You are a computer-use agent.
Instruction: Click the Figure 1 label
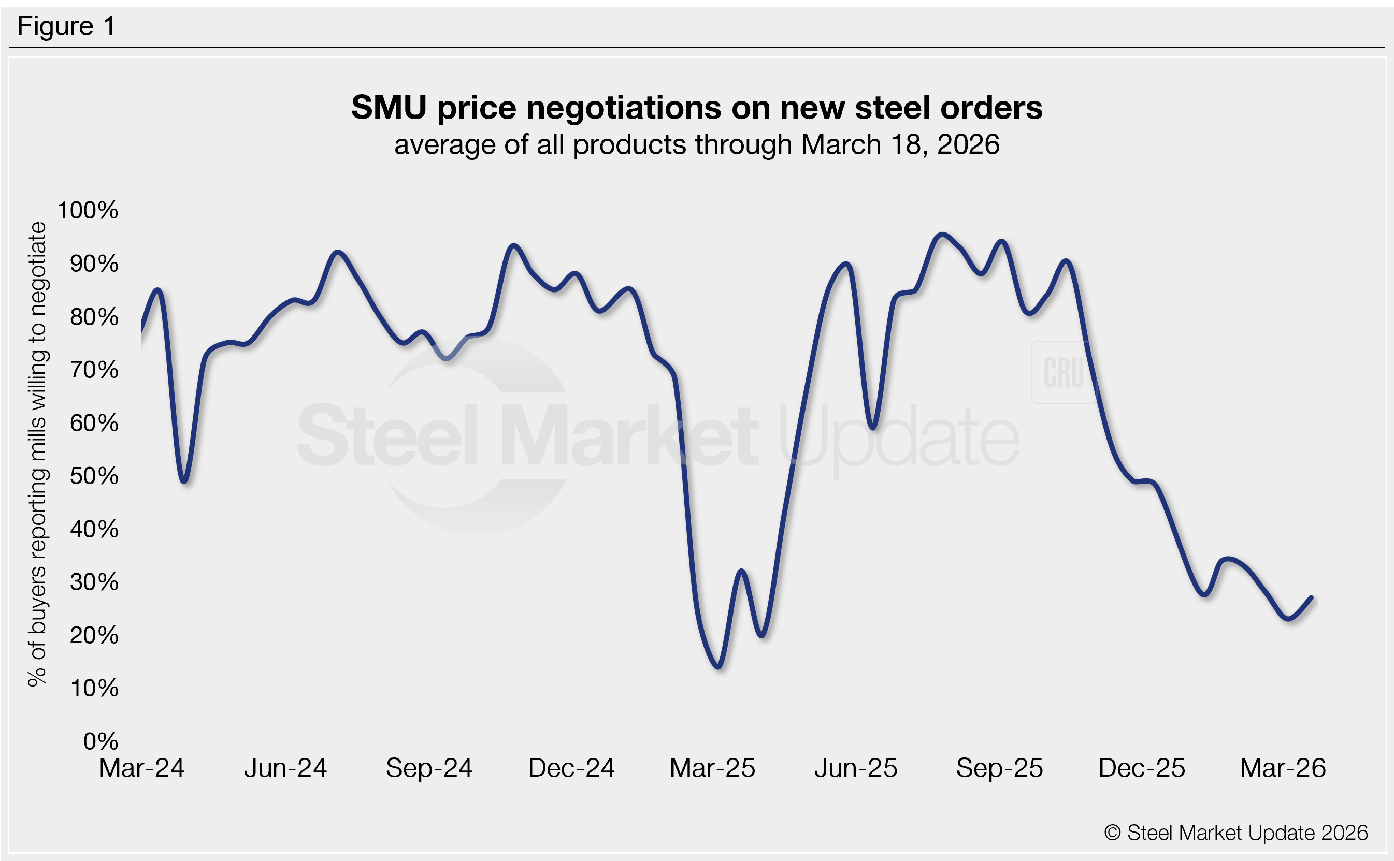pos(66,26)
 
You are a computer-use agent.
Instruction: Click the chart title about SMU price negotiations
pos(696,107)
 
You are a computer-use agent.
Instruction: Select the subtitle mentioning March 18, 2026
pos(696,144)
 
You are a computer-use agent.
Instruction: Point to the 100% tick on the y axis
pos(88,210)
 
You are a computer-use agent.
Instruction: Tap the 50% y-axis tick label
pos(94,475)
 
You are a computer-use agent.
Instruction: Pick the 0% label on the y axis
pos(100,741)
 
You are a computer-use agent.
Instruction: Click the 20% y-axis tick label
pos(94,635)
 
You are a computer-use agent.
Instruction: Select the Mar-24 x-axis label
pos(142,768)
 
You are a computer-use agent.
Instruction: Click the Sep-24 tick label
pos(429,768)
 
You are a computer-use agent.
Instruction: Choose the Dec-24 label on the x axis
pos(571,768)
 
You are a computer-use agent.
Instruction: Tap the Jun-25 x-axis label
pos(856,768)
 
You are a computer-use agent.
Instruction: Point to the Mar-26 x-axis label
pos(1283,768)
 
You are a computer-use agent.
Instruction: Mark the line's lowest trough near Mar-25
pos(719,666)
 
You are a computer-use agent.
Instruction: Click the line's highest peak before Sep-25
pos(942,235)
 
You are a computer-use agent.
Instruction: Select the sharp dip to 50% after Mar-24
pos(184,481)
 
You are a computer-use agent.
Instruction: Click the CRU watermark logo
pos(1064,372)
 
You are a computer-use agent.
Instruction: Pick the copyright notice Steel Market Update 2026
pos(1235,833)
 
